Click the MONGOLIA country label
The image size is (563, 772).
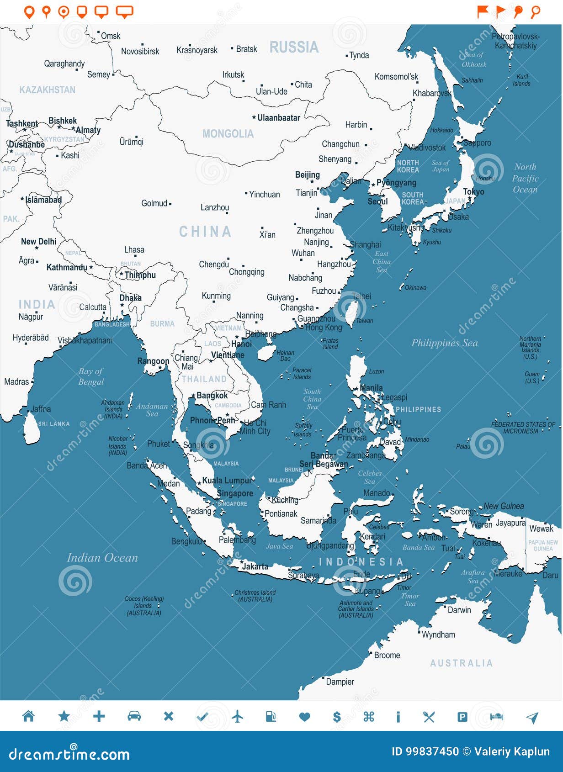tap(228, 134)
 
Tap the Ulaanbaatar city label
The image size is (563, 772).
tap(278, 118)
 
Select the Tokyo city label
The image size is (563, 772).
tap(473, 192)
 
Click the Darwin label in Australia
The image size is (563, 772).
tap(459, 610)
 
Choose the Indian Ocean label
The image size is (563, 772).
tap(102, 558)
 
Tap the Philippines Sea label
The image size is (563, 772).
tap(444, 343)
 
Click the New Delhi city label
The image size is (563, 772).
tap(39, 242)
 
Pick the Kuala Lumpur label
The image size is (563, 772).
tap(227, 481)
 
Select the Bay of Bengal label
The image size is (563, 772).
tap(91, 376)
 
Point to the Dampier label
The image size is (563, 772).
tap(340, 682)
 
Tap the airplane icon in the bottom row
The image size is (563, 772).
tap(237, 716)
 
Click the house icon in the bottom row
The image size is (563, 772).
tap(28, 716)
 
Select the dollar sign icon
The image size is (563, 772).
tap(337, 717)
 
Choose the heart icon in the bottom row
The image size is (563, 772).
tap(304, 717)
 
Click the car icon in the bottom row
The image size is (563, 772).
tap(134, 716)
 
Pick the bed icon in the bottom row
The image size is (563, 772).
tap(496, 717)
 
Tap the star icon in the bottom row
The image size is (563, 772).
tap(64, 716)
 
